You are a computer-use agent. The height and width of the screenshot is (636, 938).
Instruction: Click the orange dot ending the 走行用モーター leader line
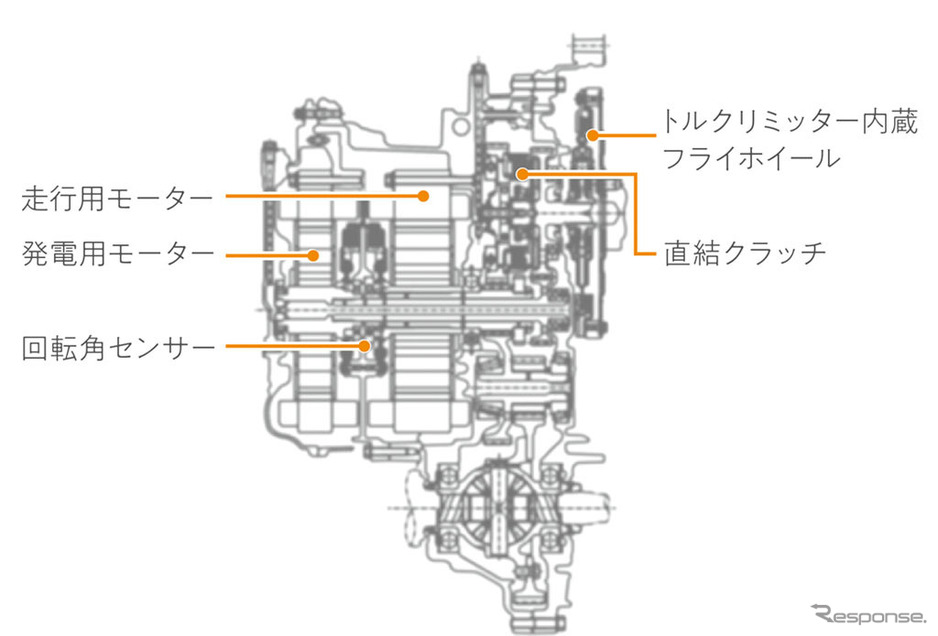coord(424,196)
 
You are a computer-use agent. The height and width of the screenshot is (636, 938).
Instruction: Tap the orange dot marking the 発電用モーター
coord(313,255)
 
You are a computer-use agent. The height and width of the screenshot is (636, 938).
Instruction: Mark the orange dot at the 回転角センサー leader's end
coord(364,346)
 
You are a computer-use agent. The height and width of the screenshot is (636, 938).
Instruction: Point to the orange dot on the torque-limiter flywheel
coord(592,135)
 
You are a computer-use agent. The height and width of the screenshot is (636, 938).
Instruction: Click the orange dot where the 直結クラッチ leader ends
coord(522,174)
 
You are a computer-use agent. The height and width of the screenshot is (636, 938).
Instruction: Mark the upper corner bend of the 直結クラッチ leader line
coord(635,174)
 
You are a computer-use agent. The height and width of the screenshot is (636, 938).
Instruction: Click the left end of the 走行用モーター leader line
coord(226,196)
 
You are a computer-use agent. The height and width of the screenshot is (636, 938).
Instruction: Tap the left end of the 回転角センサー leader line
coord(226,346)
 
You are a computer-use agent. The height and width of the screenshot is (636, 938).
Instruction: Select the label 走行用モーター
coord(117,198)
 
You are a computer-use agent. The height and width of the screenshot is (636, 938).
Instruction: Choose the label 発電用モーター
coord(118,254)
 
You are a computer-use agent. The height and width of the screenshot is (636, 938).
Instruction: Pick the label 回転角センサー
coord(118,348)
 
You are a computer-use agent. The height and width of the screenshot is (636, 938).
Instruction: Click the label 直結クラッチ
coord(745,252)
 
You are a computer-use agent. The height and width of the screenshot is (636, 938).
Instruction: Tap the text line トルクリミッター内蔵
coord(789,122)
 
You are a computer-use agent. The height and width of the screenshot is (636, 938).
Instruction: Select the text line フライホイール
coord(751,159)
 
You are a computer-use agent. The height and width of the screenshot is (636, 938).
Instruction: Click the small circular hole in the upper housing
coord(460,126)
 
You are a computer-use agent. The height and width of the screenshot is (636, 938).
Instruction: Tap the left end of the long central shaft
coord(276,310)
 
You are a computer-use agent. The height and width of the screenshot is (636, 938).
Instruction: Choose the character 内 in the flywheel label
coord(876,122)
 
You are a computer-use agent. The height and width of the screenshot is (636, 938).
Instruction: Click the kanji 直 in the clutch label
coord(678,252)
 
